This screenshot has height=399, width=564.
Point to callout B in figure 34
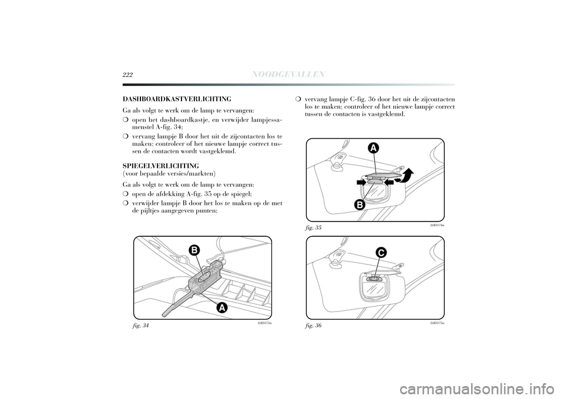click(193, 250)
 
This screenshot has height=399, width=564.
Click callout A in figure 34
click(221, 307)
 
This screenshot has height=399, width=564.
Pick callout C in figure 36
click(381, 253)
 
